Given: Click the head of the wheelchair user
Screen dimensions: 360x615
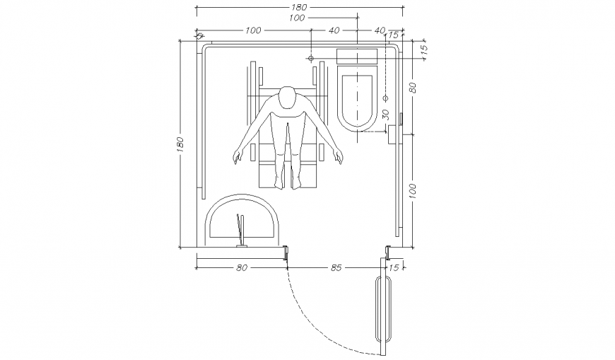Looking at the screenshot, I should (287, 98).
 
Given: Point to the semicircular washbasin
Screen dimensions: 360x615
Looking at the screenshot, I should (242, 221).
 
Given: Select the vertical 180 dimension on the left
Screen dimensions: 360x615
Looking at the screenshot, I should (180, 144).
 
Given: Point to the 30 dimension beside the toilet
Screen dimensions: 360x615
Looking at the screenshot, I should (385, 113).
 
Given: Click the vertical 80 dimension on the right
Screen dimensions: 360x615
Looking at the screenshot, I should (412, 88).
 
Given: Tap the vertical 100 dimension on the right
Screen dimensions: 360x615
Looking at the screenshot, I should (412, 190).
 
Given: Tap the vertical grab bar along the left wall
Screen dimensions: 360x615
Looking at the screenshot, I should (204, 120).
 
